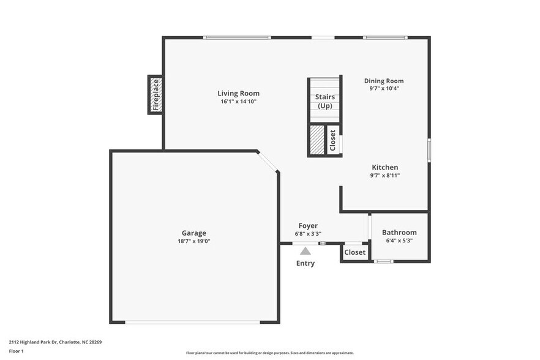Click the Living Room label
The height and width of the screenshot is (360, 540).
click(x=238, y=94)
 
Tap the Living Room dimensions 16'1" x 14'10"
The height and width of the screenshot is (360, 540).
click(x=238, y=102)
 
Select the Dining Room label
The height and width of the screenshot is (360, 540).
click(x=384, y=81)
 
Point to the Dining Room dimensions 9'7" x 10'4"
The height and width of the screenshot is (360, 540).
click(x=384, y=89)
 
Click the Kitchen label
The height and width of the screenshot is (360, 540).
click(x=385, y=167)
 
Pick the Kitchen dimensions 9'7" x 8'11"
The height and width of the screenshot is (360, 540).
click(x=385, y=175)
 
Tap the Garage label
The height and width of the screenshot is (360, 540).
click(x=193, y=233)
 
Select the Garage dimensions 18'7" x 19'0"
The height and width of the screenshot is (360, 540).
click(x=193, y=241)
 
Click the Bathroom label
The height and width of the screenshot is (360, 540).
click(x=399, y=232)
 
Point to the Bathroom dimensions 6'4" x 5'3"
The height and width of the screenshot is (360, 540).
click(x=399, y=241)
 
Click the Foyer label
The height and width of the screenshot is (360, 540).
click(x=308, y=225)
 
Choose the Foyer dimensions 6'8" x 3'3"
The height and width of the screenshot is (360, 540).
click(x=308, y=233)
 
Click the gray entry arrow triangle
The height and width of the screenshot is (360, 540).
click(x=306, y=251)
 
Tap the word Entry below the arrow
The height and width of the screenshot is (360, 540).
click(x=306, y=263)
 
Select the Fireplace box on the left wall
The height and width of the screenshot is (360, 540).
click(x=156, y=95)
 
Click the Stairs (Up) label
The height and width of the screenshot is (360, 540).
click(x=324, y=101)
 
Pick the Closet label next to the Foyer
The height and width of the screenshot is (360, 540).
click(x=354, y=252)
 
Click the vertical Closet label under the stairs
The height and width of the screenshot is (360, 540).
click(x=333, y=140)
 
